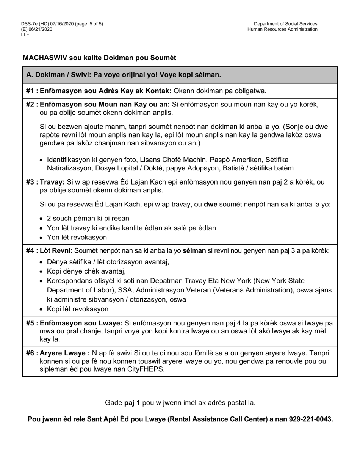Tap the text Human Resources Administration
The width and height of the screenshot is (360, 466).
pyautogui.click(x=282, y=29)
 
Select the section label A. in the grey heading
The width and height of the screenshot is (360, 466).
pyautogui.click(x=30, y=75)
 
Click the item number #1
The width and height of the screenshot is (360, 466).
pyautogui.click(x=31, y=91)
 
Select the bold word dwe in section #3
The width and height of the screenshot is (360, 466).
pyautogui.click(x=210, y=205)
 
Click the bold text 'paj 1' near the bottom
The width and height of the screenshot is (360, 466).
pyautogui.click(x=132, y=403)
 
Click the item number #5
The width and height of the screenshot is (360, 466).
pyautogui.click(x=31, y=323)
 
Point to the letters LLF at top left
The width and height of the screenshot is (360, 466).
pyautogui.click(x=25, y=34)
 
